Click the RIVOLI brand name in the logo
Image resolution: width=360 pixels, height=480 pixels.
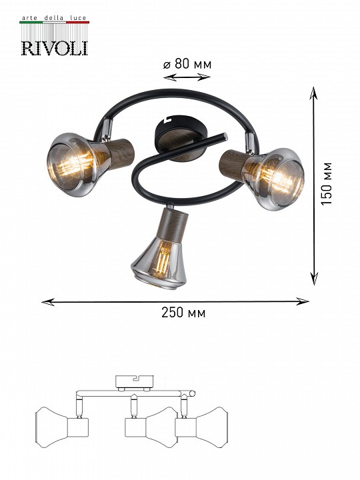click(55, 49)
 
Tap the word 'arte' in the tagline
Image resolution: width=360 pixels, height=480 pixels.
click(29, 18)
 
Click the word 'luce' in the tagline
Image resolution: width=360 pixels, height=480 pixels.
click(78, 18)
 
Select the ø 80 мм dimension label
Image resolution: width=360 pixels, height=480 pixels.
click(187, 64)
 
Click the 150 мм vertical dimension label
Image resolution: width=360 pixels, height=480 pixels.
click(326, 184)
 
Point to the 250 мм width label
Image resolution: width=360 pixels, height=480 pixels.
click(183, 313)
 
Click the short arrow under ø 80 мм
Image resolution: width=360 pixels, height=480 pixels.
click(187, 77)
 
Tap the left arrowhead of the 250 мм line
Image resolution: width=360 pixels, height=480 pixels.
click(48, 302)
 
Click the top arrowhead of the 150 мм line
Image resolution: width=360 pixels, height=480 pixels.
click(313, 93)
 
